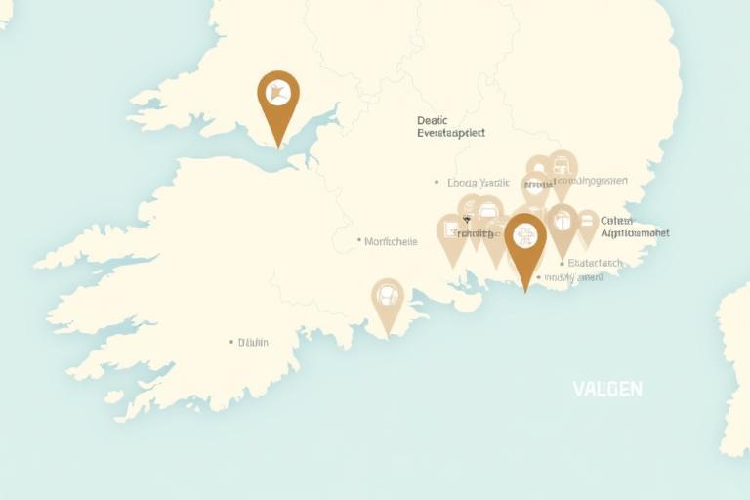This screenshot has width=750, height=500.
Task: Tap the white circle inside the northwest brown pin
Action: coord(278,94)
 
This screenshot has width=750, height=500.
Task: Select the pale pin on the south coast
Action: coord(388,300)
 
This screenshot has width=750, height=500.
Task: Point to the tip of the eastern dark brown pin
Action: coord(525,291)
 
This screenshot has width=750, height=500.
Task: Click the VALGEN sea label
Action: coord(607,389)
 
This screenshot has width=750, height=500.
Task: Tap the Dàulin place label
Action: coord(253,343)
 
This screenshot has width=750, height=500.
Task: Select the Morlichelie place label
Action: coord(391,241)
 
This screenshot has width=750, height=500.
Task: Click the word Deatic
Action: coord(432,120)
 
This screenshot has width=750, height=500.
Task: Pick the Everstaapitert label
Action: coord(450,133)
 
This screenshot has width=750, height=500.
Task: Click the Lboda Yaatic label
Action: coord(479,183)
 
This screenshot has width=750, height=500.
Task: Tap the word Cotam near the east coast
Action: coord(616,221)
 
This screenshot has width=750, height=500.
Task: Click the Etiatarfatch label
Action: coord(595,263)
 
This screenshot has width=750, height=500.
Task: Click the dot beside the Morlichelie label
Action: coord(359,240)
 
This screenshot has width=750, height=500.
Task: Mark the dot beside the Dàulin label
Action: coord(231,343)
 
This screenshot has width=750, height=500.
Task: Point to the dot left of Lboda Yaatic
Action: coord(437,183)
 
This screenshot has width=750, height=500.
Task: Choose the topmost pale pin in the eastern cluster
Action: coord(562,167)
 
